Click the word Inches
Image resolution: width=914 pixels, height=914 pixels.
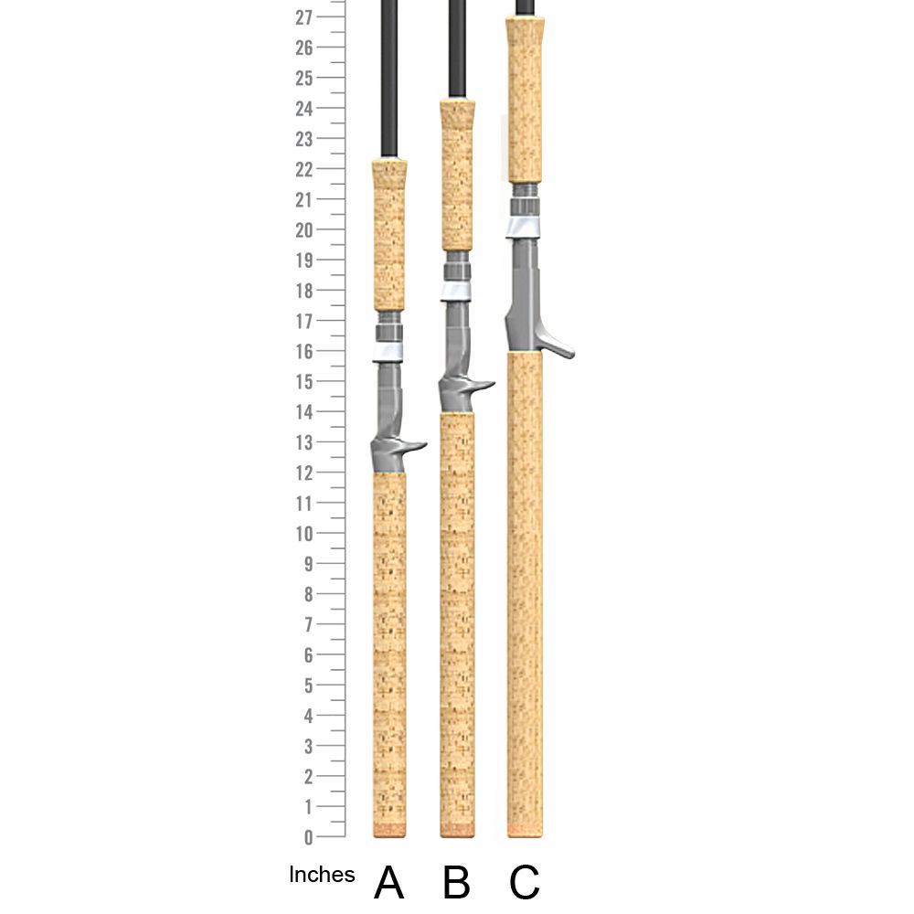pyautogui.click(x=322, y=875)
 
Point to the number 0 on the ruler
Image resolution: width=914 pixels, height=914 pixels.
pyautogui.click(x=308, y=837)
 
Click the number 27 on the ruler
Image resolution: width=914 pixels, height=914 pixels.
pyautogui.click(x=303, y=17)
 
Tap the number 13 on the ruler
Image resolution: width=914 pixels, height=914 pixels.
pyautogui.click(x=304, y=443)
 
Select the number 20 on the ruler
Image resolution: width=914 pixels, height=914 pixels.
pyautogui.click(x=304, y=230)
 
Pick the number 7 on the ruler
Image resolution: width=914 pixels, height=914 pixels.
pyautogui.click(x=308, y=625)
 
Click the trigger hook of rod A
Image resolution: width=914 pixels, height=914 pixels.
pyautogui.click(x=413, y=448)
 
